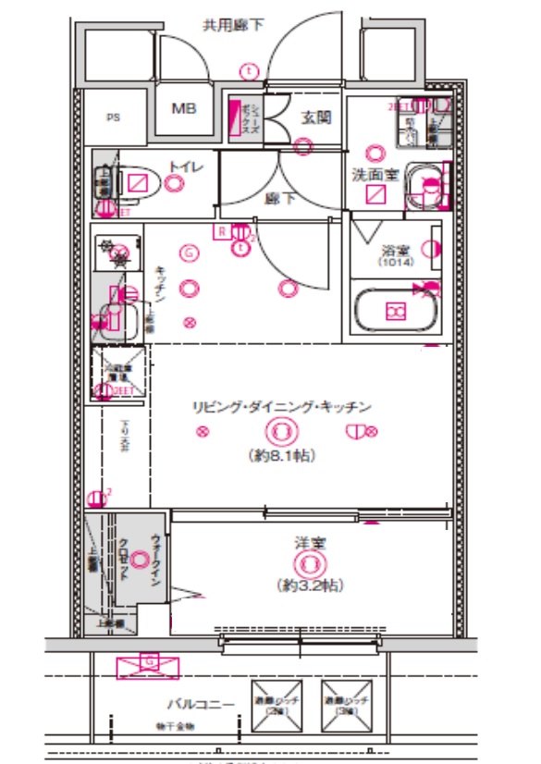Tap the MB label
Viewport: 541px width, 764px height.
[x=183, y=108]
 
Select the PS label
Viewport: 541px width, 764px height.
[x=113, y=117]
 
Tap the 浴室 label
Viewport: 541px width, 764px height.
[x=396, y=249]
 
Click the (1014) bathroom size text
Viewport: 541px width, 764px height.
[x=396, y=263]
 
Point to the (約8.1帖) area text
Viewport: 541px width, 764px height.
[x=281, y=455]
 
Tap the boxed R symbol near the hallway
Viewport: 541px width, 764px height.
[x=222, y=232]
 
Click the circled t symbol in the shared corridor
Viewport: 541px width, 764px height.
[x=248, y=69]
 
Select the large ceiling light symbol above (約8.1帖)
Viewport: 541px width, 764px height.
[x=281, y=430]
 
